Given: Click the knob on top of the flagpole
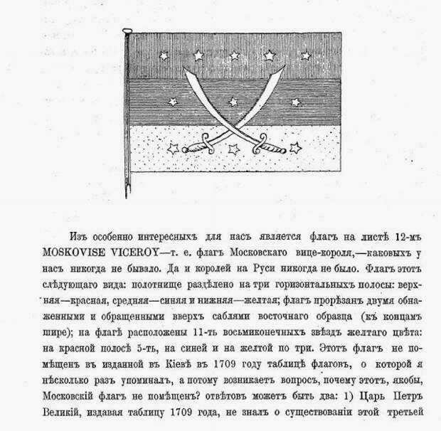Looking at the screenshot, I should [x=127, y=30].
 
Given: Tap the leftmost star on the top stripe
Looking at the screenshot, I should [x=165, y=55].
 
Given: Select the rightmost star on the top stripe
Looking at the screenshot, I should [x=306, y=55].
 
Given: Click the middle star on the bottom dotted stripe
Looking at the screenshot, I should [x=233, y=149].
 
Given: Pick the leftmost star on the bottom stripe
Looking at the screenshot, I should [x=173, y=149].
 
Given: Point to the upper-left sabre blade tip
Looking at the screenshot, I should [x=185, y=69].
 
